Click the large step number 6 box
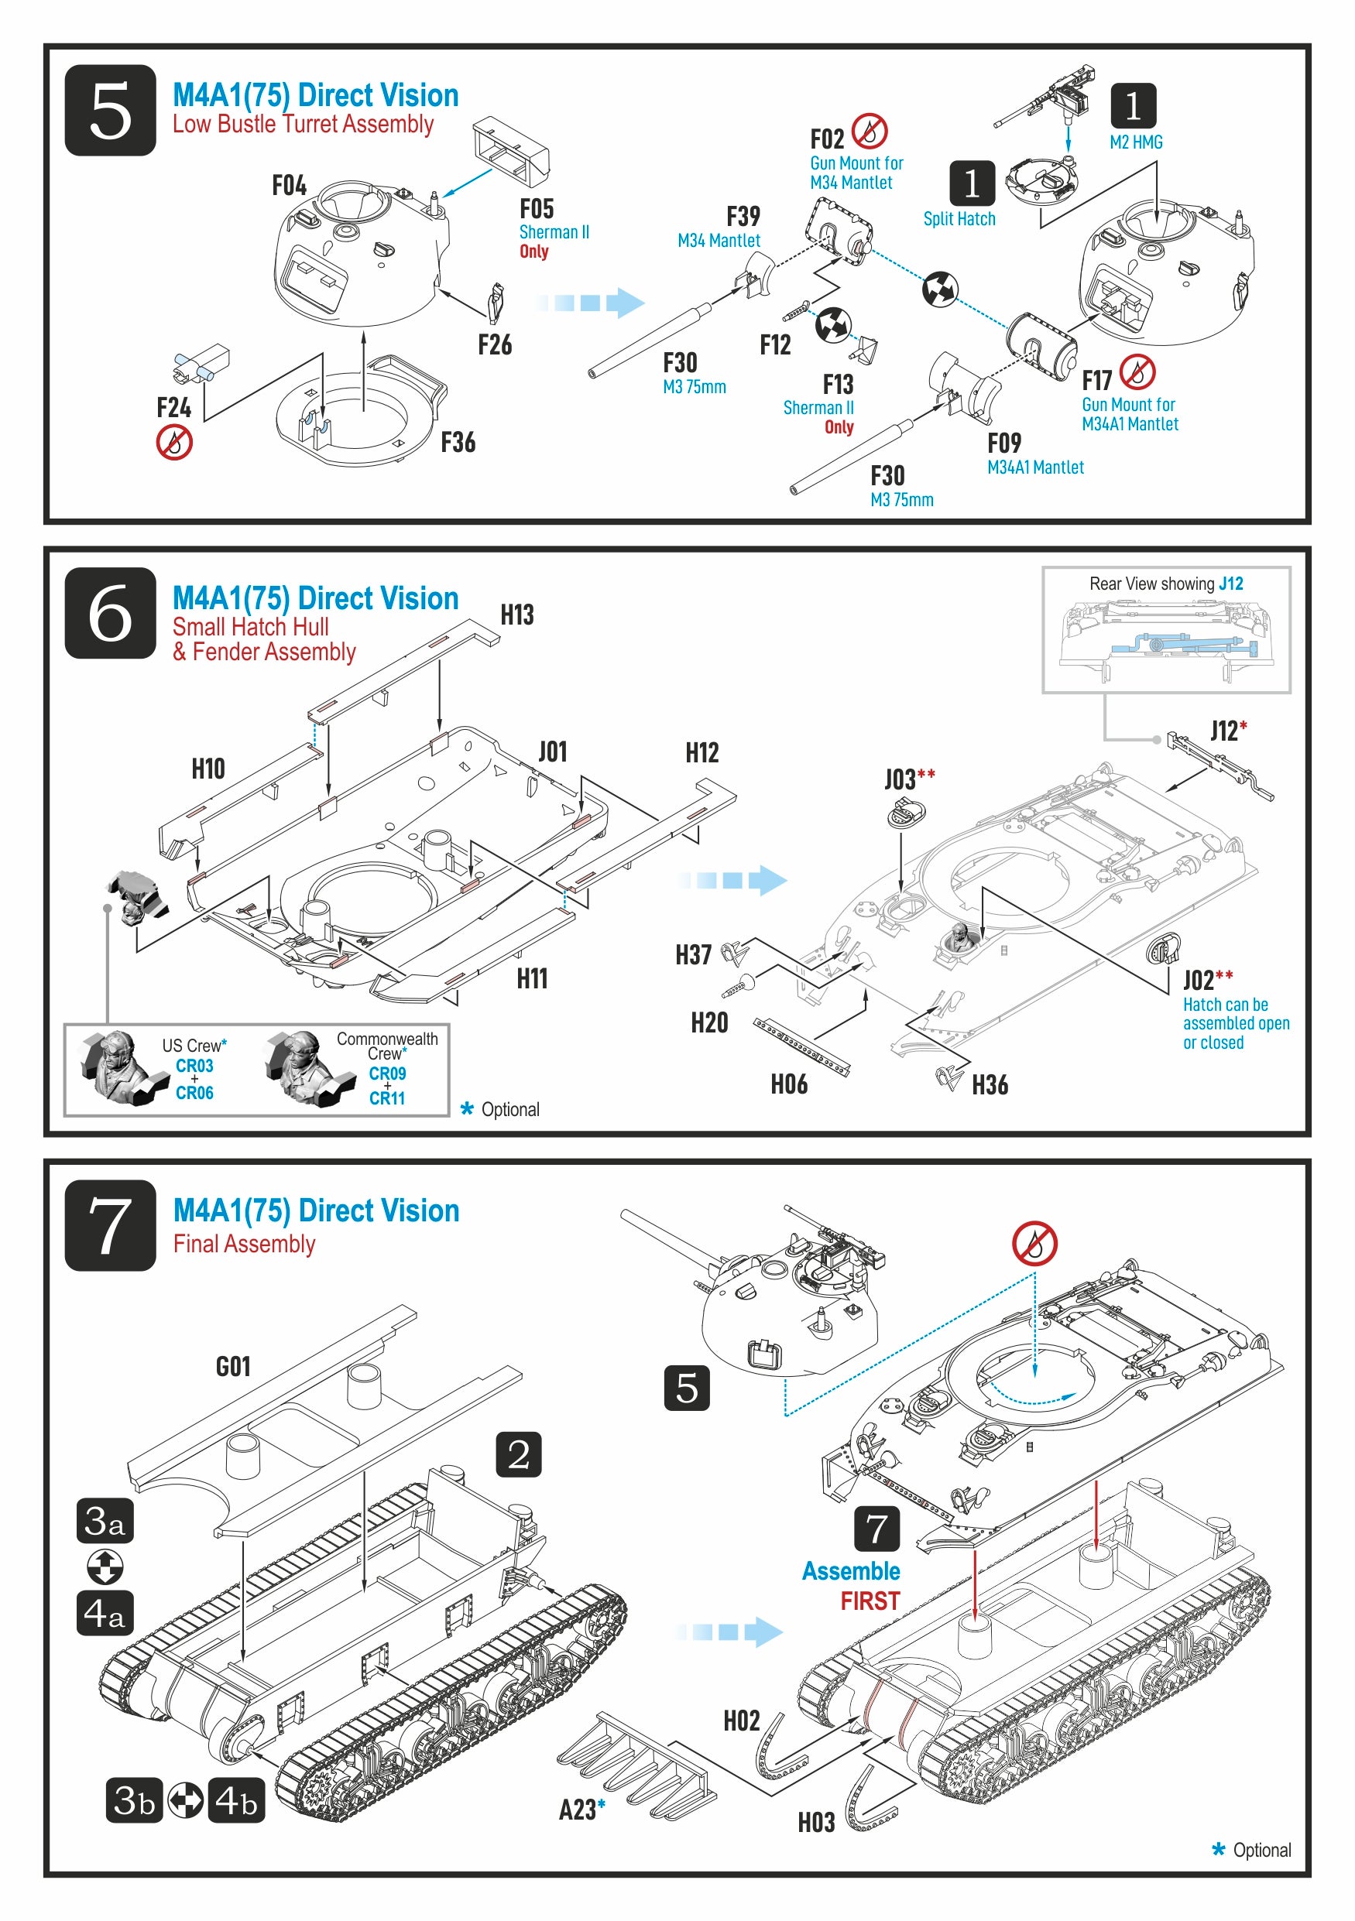[110, 612]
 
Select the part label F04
[289, 186]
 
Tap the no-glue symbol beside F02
[870, 131]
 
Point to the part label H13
[516, 615]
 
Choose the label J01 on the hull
[552, 752]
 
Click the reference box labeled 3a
[105, 1520]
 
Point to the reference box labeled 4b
[236, 1800]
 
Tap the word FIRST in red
[870, 1601]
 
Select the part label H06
[788, 1084]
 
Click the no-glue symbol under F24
[174, 442]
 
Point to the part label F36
[458, 442]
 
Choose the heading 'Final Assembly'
[245, 1244]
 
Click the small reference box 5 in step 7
[686, 1387]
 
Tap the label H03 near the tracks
[815, 1822]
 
